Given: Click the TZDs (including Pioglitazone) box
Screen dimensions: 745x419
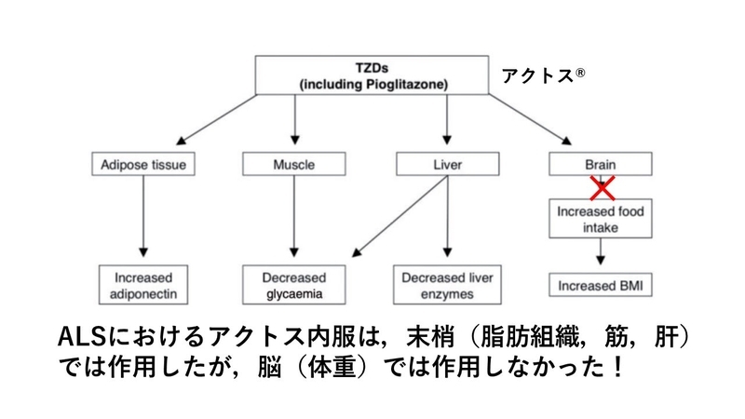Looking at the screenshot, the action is pos(372,75).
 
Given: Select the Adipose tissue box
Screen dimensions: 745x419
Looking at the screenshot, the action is pos(143,164).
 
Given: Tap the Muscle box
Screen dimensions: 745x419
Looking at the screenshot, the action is pos(293,164).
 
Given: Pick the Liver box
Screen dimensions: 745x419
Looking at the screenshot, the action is pos(448,164).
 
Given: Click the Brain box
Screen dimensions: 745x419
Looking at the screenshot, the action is pos(601,164).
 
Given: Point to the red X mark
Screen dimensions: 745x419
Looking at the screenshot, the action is pos(603,188).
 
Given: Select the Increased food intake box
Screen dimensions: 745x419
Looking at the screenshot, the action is pos(601,219).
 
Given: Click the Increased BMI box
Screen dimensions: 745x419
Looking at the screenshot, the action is pos(601,285).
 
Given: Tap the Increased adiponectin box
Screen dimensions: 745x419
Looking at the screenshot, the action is pos(143,285).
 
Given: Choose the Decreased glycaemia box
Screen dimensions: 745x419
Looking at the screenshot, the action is pos(293,285).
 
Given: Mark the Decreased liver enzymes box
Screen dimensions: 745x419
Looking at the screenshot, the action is pos(447,285).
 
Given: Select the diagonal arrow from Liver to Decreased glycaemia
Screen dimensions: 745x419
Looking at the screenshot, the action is pos(400,217).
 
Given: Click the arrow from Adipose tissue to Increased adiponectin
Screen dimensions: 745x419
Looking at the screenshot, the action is pos(143,216).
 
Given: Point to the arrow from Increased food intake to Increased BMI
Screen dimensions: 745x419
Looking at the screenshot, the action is pos(601,251).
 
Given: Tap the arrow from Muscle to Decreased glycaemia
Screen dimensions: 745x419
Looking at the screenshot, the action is pos(293,216).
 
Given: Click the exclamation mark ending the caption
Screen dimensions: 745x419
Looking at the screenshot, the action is pos(617,367).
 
